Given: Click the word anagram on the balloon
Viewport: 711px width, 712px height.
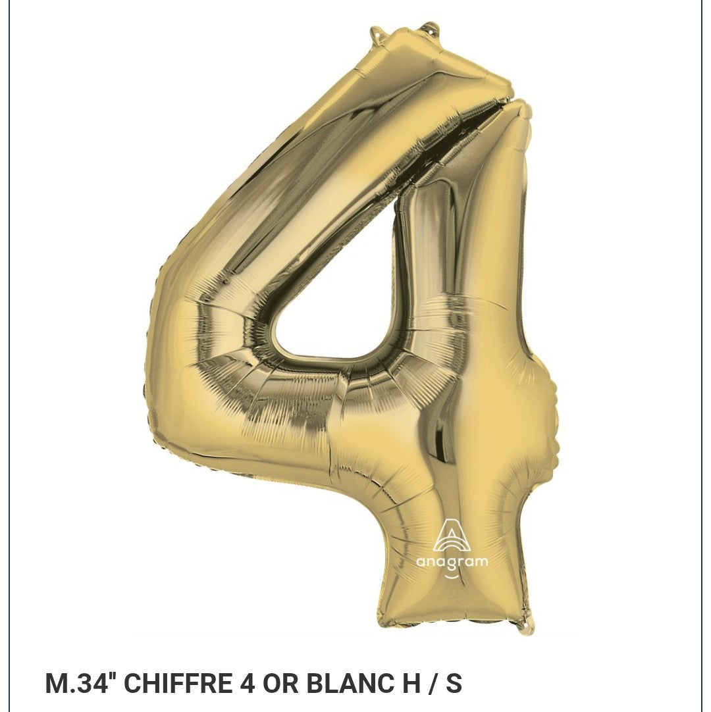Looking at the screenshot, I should pos(452,561).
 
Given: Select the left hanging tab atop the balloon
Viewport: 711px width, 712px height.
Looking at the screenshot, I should pos(377,32).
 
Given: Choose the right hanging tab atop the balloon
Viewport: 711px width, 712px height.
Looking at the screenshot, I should pos(429,28).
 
